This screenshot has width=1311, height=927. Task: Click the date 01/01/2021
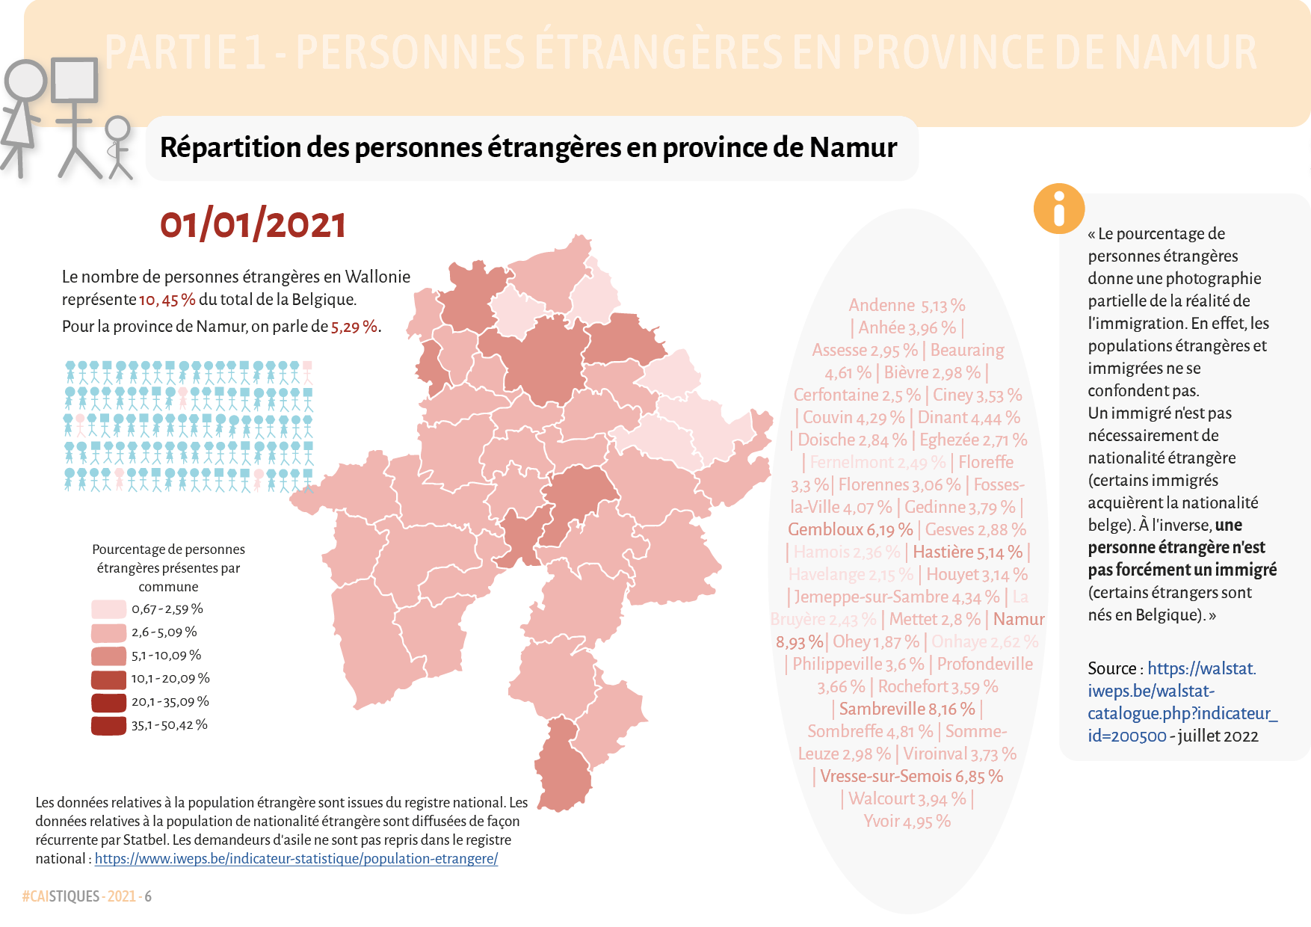click(253, 225)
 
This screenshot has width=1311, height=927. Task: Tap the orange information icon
click(1058, 209)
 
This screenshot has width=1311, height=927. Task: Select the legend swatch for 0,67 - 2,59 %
click(108, 609)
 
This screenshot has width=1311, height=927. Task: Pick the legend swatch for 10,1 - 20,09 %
click(108, 679)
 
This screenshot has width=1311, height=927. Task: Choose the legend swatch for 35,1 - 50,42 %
click(108, 725)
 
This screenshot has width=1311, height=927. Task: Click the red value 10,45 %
click(167, 300)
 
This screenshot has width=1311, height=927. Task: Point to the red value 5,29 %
click(354, 327)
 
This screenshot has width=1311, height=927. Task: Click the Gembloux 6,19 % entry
click(850, 530)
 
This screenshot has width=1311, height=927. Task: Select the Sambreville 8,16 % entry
click(907, 709)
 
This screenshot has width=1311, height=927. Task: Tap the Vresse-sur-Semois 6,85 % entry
click(911, 777)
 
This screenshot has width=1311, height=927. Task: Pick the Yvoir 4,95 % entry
click(907, 822)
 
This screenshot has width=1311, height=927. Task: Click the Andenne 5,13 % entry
click(907, 306)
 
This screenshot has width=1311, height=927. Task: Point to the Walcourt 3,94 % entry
click(907, 799)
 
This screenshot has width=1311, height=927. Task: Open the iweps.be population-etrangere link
click(296, 859)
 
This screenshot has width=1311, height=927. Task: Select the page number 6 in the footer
click(148, 896)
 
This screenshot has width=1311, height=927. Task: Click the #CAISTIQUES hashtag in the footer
click(61, 896)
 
